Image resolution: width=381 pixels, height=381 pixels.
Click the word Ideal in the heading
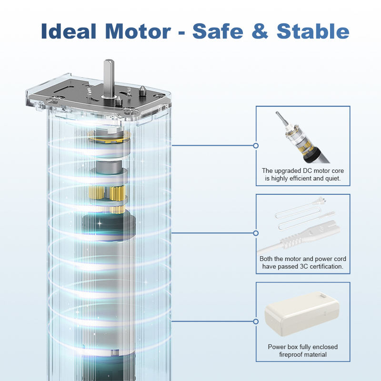tap(69, 31)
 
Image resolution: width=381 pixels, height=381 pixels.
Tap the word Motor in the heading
tap(138, 31)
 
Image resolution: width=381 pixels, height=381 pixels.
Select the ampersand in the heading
tap(260, 31)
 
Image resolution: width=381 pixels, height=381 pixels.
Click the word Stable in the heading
tap(313, 31)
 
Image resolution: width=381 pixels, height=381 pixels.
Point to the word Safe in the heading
tap(218, 31)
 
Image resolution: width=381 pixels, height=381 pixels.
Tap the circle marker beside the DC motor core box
tap(256, 146)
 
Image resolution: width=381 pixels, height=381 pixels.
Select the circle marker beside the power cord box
tap(256, 233)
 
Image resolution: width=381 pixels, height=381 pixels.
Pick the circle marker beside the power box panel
tap(256, 321)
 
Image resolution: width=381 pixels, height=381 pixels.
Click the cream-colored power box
tap(302, 312)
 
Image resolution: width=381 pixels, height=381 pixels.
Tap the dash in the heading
tap(181, 32)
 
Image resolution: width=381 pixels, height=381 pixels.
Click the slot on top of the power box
tap(323, 296)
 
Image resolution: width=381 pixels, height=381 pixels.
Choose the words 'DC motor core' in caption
tap(323, 171)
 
